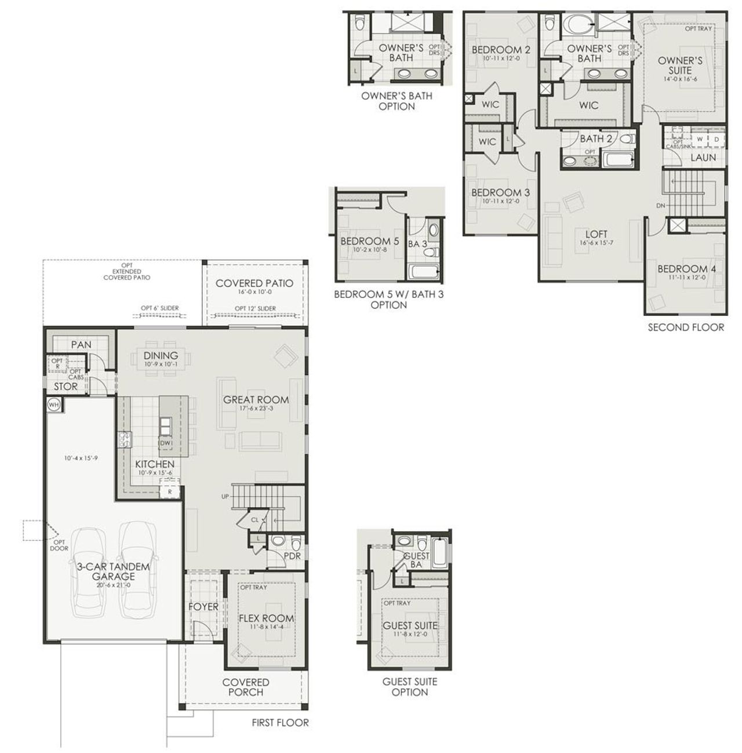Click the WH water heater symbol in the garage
[x=53, y=405]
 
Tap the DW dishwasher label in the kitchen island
[x=165, y=443]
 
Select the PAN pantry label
[x=81, y=344]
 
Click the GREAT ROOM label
[x=256, y=399]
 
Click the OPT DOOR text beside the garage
[x=59, y=545]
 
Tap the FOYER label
[x=203, y=606]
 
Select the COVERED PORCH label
[x=246, y=687]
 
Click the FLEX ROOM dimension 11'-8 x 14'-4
[x=266, y=627]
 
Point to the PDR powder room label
[x=292, y=555]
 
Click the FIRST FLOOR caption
[x=280, y=723]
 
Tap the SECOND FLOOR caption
[x=686, y=328]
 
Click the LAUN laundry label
[x=703, y=157]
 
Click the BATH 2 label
[x=596, y=139]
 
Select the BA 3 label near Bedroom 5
[x=417, y=244]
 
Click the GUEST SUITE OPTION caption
[x=409, y=687]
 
